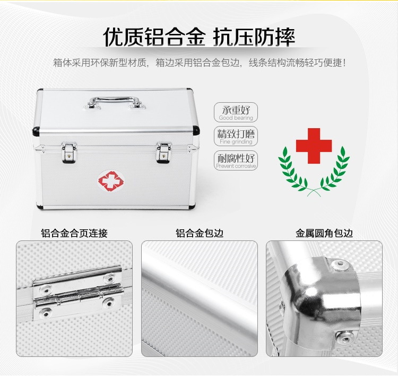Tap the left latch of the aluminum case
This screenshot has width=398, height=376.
pyautogui.click(x=69, y=153)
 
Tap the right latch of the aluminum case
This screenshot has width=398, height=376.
pyautogui.click(x=163, y=153)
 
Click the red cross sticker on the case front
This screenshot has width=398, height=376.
pyautogui.click(x=111, y=181)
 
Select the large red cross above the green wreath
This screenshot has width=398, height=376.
pyautogui.click(x=314, y=146)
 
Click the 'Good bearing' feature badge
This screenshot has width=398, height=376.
pyautogui.click(x=236, y=112)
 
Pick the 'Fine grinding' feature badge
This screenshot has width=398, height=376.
pyautogui.click(x=236, y=136)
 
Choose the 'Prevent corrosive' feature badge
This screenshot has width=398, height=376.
pyautogui.click(x=236, y=160)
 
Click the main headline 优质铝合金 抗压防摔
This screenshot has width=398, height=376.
pyautogui.click(x=199, y=37)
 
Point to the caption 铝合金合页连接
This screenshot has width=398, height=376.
pyautogui.click(x=74, y=233)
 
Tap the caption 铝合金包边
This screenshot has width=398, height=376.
pyautogui.click(x=200, y=233)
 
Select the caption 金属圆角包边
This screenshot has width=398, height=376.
pyautogui.click(x=324, y=233)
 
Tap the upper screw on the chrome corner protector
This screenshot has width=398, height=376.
pyautogui.click(x=340, y=265)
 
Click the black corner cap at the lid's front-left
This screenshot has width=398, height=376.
pyautogui.click(x=36, y=131)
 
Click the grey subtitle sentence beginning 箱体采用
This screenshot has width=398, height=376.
pyautogui.click(x=199, y=62)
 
